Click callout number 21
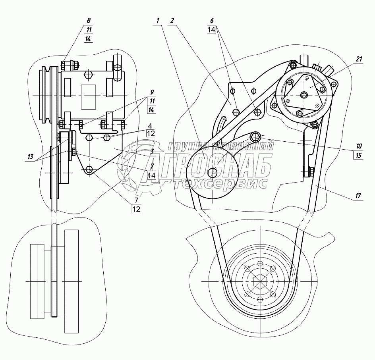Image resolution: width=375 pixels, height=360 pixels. click(358, 60)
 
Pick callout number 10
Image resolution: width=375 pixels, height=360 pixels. click(359, 146)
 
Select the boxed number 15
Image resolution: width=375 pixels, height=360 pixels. click(359, 155)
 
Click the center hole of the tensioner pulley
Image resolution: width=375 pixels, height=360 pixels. click(213, 172)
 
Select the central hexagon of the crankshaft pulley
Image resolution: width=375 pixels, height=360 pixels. click(260, 281)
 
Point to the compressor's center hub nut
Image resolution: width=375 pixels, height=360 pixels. click(304, 94)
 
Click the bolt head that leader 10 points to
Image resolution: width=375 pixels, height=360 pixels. click(256, 137)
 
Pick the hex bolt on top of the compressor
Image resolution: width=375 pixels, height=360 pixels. click(89, 74)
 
